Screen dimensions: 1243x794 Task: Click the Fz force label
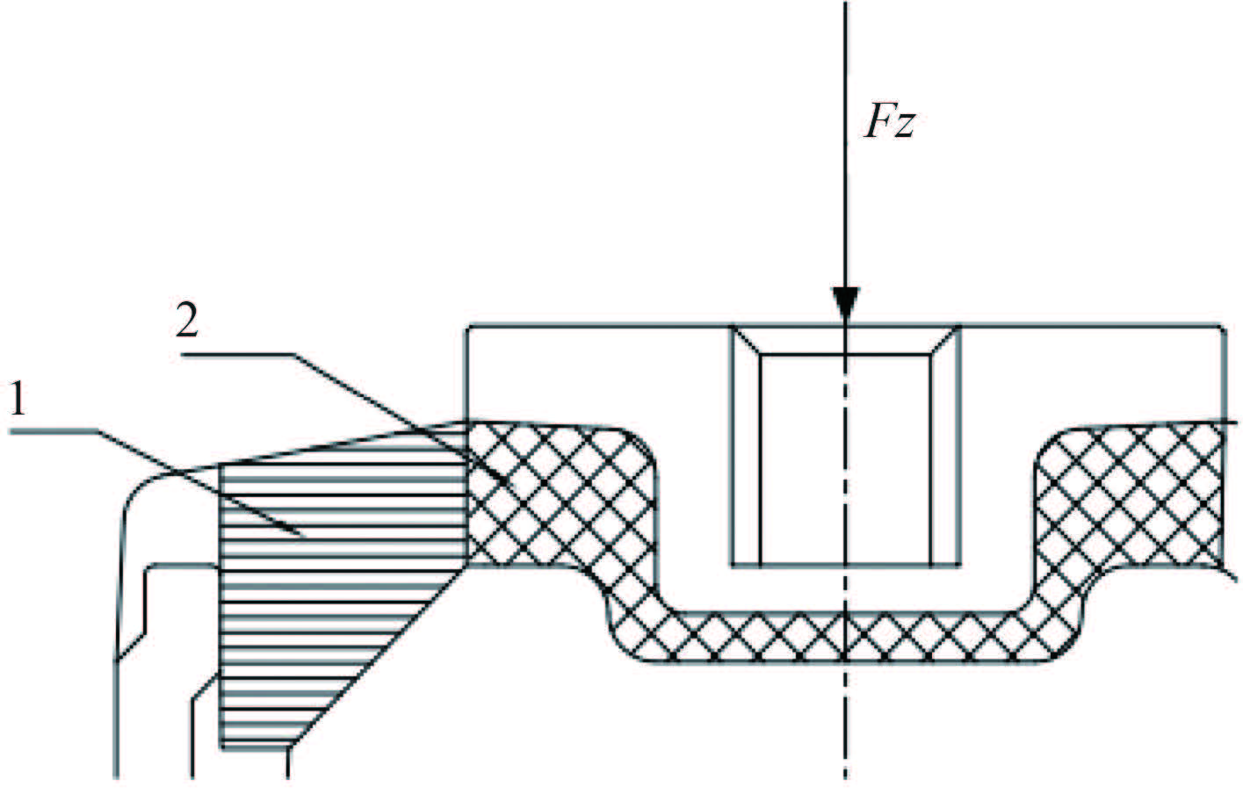(890, 123)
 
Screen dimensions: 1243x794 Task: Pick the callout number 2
(186, 323)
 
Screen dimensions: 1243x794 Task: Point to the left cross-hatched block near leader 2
(553, 492)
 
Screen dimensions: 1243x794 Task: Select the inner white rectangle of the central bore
(843, 457)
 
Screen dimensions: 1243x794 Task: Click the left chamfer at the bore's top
(747, 341)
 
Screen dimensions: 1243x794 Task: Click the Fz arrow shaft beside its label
(845, 132)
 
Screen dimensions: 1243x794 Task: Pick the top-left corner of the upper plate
(466, 327)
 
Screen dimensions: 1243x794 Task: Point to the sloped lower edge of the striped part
(378, 659)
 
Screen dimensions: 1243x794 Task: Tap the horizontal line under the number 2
(237, 354)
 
